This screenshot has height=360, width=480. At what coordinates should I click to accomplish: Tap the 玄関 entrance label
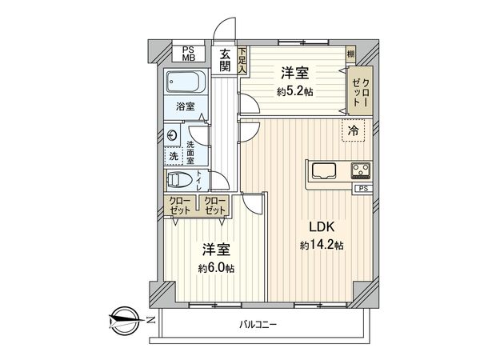tap(226, 60)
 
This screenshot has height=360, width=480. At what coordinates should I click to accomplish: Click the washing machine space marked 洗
tap(173, 154)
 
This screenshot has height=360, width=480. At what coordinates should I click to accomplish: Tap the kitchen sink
tap(326, 170)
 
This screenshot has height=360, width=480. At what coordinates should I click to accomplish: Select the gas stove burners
tap(360, 170)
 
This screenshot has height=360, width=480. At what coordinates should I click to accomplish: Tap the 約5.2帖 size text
tap(295, 93)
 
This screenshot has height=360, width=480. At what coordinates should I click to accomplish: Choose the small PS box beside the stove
tap(363, 189)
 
